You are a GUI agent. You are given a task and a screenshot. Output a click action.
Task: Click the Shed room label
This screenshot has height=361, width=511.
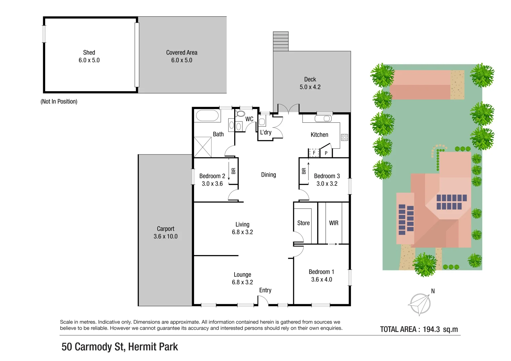click(x=89, y=52)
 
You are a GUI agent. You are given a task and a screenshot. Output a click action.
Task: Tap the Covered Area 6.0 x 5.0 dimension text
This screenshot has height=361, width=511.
click(x=182, y=61)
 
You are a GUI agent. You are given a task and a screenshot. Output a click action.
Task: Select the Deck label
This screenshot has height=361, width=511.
click(x=310, y=79)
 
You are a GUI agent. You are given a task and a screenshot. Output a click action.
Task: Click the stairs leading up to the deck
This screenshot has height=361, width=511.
click(x=280, y=41)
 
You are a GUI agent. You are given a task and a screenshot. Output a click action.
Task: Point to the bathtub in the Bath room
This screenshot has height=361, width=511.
click(x=207, y=116)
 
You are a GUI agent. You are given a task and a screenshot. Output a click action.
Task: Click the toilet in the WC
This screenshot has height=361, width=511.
click(x=240, y=113)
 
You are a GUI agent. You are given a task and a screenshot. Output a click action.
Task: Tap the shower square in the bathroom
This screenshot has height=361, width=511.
click(x=203, y=147)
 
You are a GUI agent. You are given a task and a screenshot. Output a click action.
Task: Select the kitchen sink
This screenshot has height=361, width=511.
click(x=323, y=118)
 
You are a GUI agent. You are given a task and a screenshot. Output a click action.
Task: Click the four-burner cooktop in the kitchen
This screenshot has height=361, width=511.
click(x=345, y=137)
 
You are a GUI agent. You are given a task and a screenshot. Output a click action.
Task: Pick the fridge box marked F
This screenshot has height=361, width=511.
click(x=314, y=153)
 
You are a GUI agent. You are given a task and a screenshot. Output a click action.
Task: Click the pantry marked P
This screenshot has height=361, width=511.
click(x=326, y=152)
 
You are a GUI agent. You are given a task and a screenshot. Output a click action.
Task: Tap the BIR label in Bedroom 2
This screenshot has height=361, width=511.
click(x=234, y=171)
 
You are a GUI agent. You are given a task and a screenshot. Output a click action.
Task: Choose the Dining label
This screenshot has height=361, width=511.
click(x=268, y=175)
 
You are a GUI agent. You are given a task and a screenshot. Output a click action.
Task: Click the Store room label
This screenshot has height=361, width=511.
click(x=304, y=223)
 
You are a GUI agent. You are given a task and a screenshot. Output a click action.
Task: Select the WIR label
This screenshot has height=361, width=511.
click(x=334, y=223)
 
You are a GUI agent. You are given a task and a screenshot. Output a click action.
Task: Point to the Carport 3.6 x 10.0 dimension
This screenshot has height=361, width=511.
click(x=166, y=236)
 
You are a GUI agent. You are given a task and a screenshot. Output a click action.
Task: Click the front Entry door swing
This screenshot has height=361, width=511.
click(x=263, y=301)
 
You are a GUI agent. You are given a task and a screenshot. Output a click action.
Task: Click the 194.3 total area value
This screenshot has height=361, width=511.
click(x=431, y=329)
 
